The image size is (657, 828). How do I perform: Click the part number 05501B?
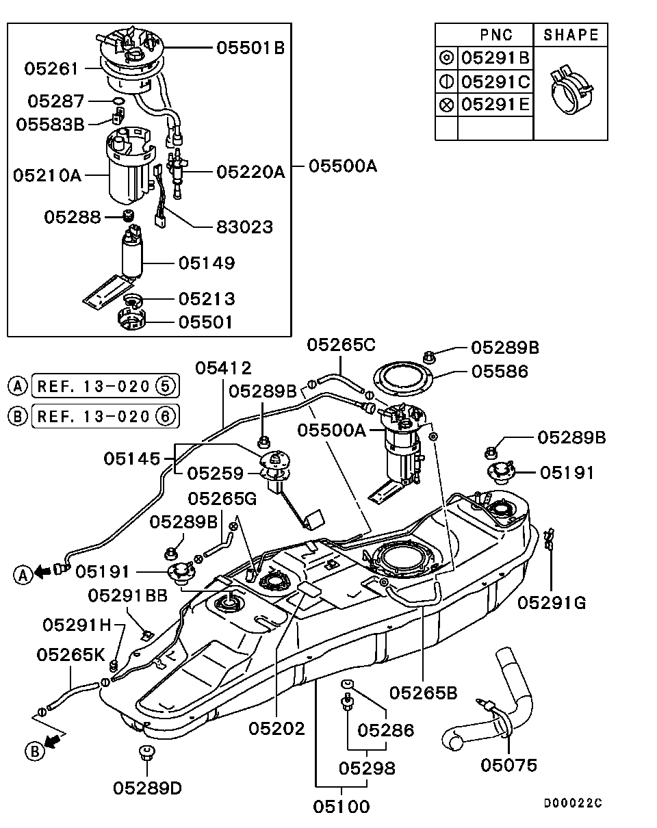tap(250, 48)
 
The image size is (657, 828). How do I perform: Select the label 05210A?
tap(47, 175)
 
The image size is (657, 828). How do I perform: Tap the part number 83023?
tap(244, 227)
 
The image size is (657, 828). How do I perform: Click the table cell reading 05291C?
tap(495, 82)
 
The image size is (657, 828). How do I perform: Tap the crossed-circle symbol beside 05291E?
tap(446, 105)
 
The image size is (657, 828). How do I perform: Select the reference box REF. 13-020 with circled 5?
tap(105, 386)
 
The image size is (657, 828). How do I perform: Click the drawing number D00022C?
tap(573, 803)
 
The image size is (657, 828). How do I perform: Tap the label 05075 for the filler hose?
tap(508, 765)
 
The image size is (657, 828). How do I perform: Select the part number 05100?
tap(342, 807)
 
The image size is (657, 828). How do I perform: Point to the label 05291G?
tap(552, 602)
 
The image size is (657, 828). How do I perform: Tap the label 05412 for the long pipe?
tap(223, 369)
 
